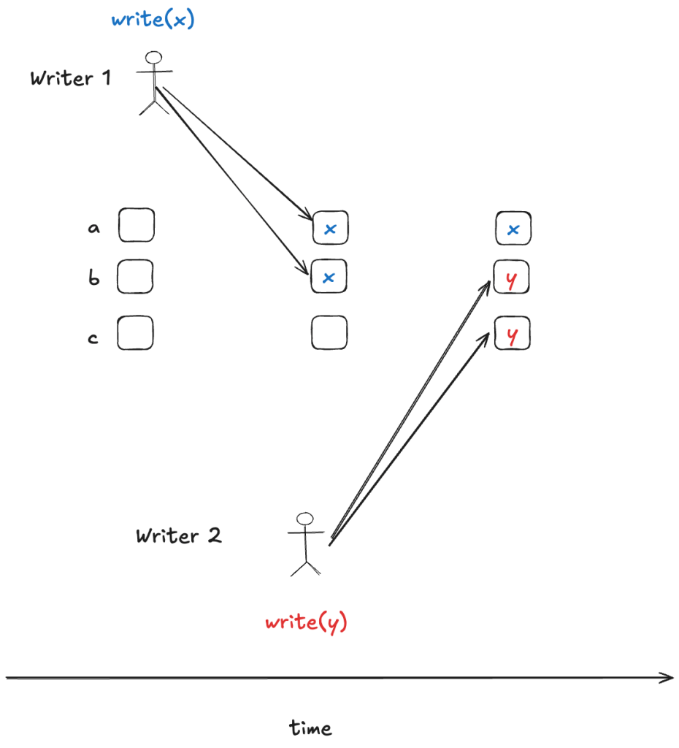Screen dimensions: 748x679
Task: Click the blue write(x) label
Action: click(153, 20)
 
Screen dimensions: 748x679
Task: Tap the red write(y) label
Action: click(306, 623)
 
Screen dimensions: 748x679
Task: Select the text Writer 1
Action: click(71, 78)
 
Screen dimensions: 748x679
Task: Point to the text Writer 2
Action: click(179, 536)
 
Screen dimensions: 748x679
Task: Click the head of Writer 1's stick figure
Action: click(153, 58)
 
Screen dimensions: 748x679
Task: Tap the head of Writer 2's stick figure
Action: click(304, 519)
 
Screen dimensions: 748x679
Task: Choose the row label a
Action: click(93, 229)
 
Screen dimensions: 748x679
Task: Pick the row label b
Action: click(94, 278)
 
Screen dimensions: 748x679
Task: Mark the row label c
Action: click(93, 338)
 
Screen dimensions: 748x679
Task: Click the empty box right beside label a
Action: click(137, 225)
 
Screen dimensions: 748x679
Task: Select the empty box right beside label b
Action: click(136, 277)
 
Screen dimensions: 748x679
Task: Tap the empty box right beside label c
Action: click(136, 332)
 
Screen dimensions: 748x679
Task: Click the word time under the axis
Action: click(310, 728)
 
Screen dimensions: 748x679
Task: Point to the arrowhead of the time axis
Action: click(668, 678)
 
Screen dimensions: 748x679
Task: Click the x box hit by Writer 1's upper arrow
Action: click(331, 228)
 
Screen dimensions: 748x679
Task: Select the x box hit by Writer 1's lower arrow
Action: click(329, 277)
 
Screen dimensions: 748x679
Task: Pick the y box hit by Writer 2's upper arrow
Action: click(511, 278)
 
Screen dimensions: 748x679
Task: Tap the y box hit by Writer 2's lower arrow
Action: click(512, 335)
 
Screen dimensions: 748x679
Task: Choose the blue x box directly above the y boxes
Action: click(513, 229)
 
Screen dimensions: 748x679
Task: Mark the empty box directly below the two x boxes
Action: click(329, 333)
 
